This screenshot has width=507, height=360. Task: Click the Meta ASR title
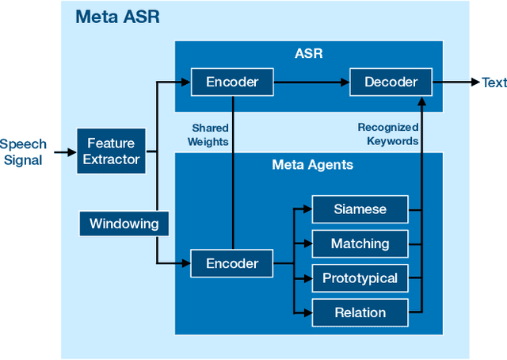[117, 17]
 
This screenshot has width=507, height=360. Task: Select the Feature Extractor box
[112, 151]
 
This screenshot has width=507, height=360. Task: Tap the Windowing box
[124, 224]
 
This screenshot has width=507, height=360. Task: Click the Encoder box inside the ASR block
[232, 82]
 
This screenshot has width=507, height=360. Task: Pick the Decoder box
[391, 82]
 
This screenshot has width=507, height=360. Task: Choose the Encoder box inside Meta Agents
[232, 263]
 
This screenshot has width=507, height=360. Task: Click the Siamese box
[360, 209]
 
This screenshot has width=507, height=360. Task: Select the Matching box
[360, 243]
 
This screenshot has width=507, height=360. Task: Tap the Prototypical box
[360, 278]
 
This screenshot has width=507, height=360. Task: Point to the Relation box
[360, 312]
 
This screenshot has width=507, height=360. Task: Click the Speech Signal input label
[24, 151]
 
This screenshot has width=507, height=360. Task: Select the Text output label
[494, 82]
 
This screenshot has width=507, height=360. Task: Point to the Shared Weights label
[210, 135]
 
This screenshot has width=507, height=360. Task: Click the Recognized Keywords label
[388, 135]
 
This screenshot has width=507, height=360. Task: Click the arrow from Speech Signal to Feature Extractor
[62, 151]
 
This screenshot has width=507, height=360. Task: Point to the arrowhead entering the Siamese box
[307, 209]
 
